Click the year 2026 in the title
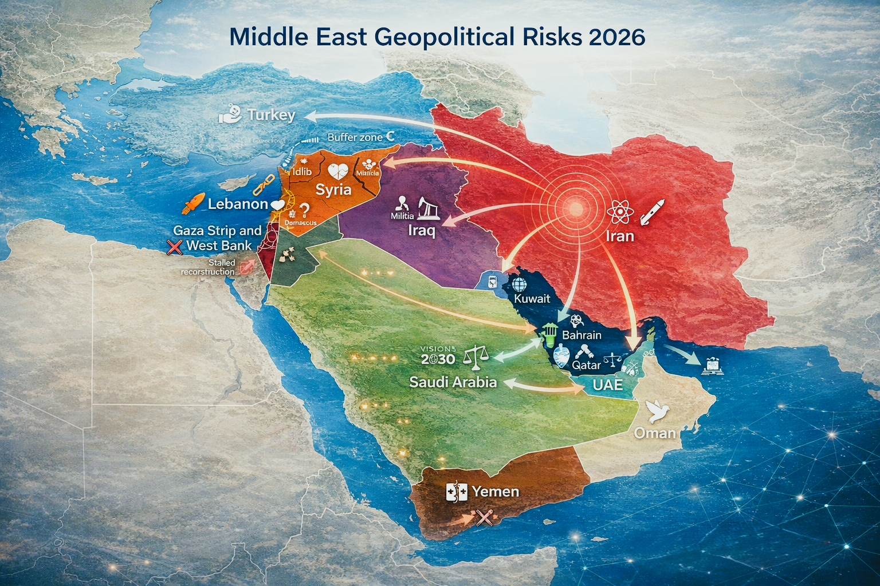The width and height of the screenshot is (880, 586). [616, 37]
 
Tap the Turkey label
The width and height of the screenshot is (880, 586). [272, 115]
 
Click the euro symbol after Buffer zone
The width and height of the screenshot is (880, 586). [390, 137]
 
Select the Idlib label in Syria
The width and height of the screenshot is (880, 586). [302, 171]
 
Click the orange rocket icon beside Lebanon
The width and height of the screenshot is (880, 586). [193, 203]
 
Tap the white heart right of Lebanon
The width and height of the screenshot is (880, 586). [277, 204]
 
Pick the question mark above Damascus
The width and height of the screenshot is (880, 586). [304, 211]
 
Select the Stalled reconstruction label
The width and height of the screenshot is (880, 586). [209, 267]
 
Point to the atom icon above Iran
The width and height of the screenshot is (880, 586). [619, 212]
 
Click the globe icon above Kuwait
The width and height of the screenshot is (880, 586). [520, 284]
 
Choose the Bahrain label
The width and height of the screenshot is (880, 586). [582, 335]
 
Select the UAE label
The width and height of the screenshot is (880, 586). [607, 385]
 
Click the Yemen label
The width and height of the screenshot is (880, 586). [495, 492]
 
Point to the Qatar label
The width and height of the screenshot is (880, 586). [587, 365]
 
